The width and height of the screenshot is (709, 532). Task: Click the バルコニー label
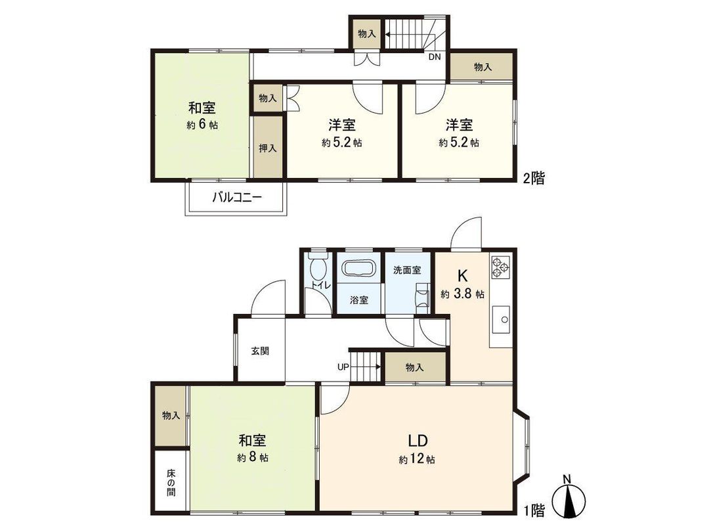click(x=236, y=196)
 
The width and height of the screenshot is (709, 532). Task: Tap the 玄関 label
click(x=260, y=351)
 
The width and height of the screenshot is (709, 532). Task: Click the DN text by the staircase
click(x=435, y=56)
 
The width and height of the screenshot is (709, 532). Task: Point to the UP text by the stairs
click(x=343, y=366)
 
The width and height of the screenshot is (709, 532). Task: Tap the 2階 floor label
click(x=533, y=177)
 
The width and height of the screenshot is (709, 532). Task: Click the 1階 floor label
click(x=533, y=509)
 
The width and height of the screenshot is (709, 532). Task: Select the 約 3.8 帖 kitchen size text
click(x=463, y=294)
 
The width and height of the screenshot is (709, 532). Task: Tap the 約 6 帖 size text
click(x=202, y=125)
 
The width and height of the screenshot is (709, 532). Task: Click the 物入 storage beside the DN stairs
click(x=366, y=34)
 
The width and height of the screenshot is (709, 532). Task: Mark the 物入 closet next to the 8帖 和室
click(x=171, y=416)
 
